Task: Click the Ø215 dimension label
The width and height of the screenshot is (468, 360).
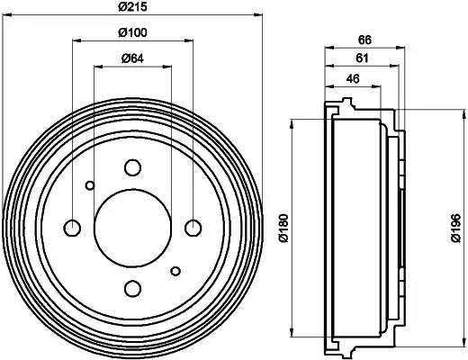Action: pos(133,8)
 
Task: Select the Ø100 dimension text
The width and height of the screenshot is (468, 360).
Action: pos(132,33)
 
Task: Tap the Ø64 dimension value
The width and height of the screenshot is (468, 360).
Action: pos(132,59)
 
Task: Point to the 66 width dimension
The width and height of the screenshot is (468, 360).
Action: pos(364,40)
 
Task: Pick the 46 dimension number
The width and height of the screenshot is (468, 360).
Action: pos(352,80)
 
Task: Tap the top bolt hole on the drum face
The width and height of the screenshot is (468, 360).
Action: pos(133,167)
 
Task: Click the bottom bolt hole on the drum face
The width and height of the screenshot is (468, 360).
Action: pos(133,288)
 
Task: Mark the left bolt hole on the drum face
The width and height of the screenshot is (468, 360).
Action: pos(73,227)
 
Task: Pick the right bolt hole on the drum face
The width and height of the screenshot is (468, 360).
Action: pos(193,227)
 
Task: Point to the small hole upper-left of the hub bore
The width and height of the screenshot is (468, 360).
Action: pos(90,186)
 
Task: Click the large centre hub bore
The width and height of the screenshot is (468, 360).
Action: pos(133,227)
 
